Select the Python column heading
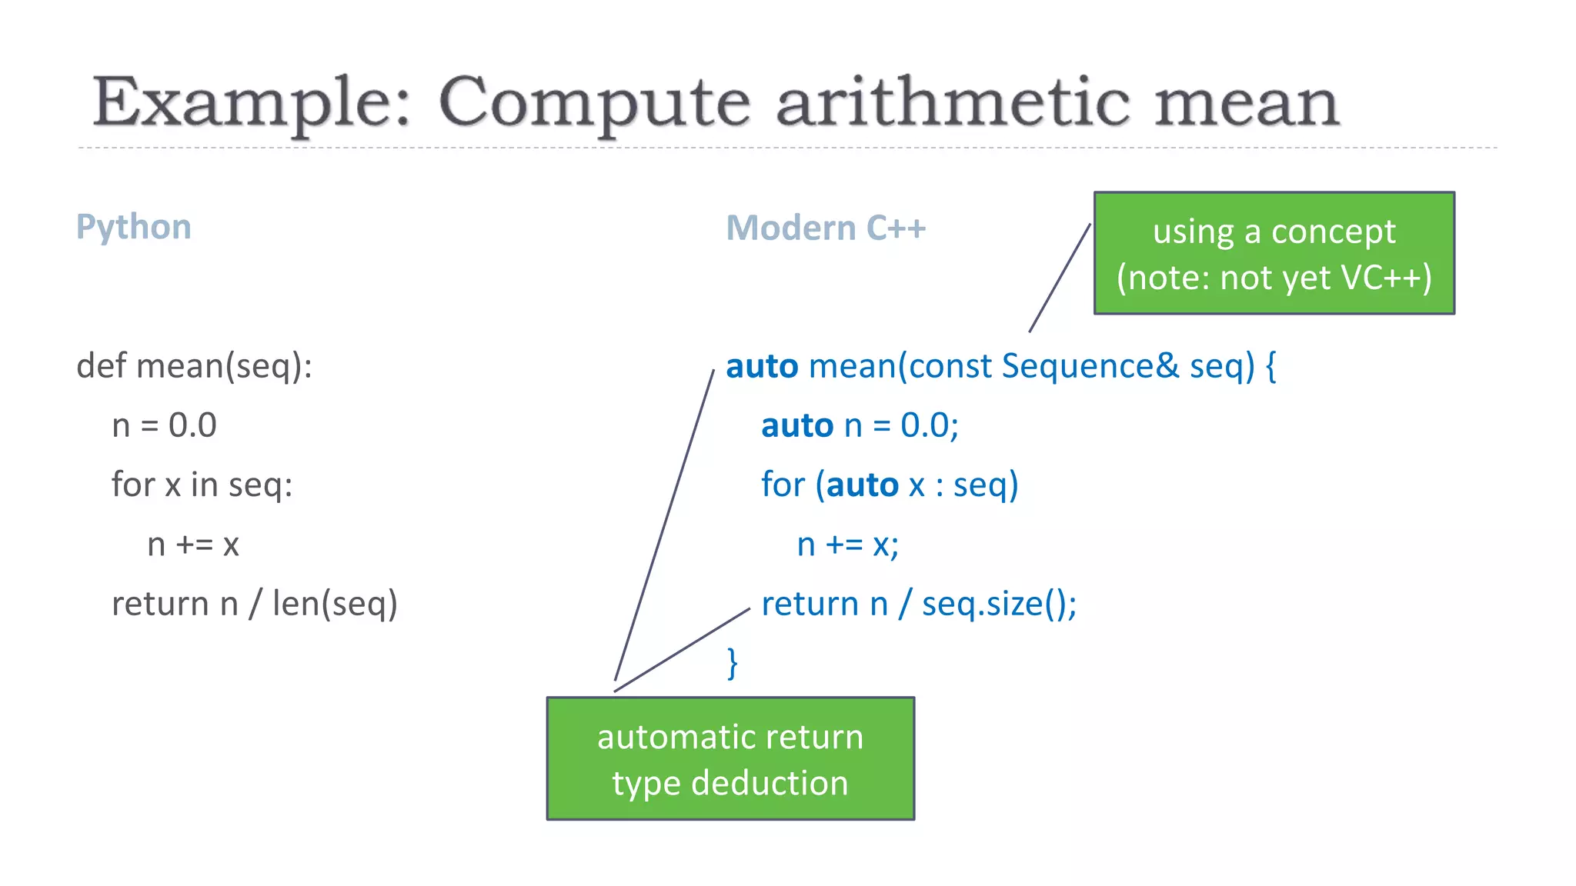pos(133,227)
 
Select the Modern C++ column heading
pos(826,228)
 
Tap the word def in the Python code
pos(101,365)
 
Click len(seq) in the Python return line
pos(335,604)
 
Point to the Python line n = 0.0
pos(164,425)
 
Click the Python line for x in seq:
pos(202,485)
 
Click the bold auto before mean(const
pos(761,366)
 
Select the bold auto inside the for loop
pos(862,485)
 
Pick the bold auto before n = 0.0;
pos(797,425)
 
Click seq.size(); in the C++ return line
pos(999,604)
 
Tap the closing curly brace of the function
pos(733,663)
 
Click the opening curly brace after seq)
pos(1270,366)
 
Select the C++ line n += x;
pos(847,545)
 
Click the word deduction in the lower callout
pos(770,783)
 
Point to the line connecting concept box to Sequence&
pos(1060,278)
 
